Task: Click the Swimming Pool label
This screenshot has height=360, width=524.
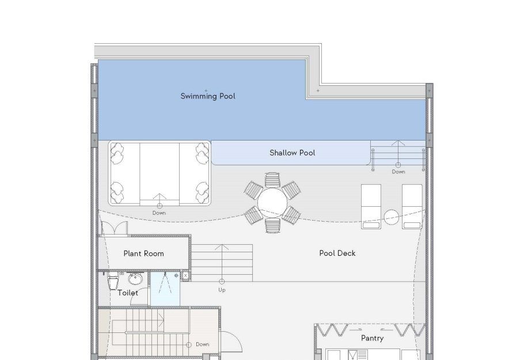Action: (x=208, y=96)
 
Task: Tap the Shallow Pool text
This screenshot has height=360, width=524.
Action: (x=293, y=153)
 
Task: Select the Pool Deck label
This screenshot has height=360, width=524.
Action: (x=337, y=253)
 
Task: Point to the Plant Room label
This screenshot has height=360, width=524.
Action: (x=144, y=253)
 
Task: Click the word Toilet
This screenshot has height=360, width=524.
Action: (x=128, y=293)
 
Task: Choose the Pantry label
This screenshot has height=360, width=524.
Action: (x=373, y=338)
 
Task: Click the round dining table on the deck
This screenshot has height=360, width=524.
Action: (x=272, y=203)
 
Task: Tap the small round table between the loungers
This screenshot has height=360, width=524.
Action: (x=392, y=217)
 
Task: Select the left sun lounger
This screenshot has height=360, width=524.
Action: (x=371, y=207)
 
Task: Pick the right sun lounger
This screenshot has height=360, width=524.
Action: (x=412, y=207)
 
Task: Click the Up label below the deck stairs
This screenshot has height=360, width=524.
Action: (x=222, y=290)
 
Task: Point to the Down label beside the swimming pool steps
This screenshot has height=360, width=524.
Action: (x=398, y=172)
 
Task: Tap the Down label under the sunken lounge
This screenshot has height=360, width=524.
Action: (x=159, y=213)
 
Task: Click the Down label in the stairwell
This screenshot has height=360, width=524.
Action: (x=203, y=344)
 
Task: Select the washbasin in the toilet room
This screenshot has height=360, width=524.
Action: (x=135, y=278)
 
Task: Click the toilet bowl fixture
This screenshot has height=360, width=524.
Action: (x=113, y=280)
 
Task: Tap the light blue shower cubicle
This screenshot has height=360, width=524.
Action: (x=165, y=289)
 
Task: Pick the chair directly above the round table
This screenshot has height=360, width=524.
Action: (x=272, y=180)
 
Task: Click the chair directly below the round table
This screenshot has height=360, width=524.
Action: (x=272, y=225)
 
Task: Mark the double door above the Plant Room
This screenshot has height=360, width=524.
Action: (x=114, y=228)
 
